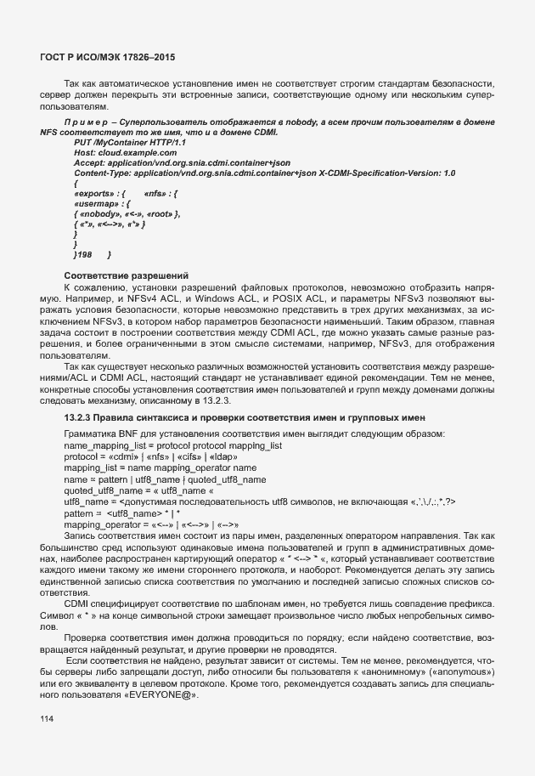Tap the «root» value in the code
tap(160, 213)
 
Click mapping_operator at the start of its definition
tap(103, 524)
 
